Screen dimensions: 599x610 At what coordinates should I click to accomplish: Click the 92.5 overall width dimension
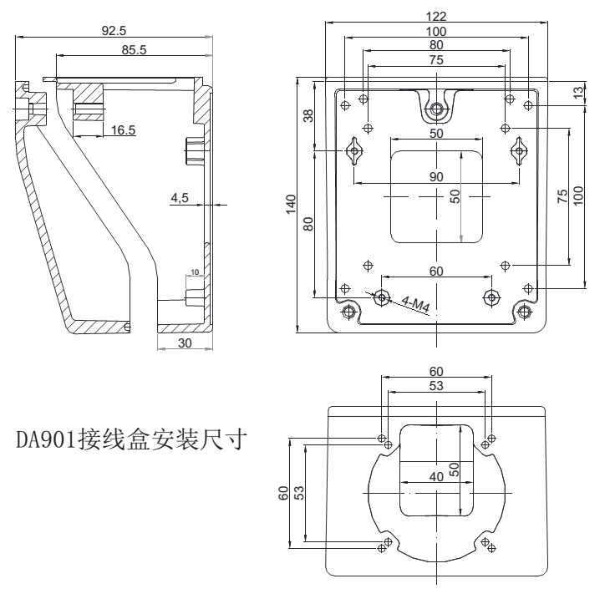114,30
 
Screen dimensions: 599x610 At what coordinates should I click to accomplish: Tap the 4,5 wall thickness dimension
180,197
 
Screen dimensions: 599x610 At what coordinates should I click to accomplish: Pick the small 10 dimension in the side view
195,272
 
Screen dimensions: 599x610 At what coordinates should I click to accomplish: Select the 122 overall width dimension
435,16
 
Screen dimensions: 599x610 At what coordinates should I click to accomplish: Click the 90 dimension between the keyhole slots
435,176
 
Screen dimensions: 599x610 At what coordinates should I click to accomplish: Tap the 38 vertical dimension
308,116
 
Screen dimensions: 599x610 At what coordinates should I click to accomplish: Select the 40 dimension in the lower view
435,476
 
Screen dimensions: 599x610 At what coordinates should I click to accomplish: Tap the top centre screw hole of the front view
436,109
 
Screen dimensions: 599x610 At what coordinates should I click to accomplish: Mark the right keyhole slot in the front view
519,150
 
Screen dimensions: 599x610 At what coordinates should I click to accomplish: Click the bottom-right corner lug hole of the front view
524,312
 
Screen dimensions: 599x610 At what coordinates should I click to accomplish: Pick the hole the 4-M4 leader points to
382,296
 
